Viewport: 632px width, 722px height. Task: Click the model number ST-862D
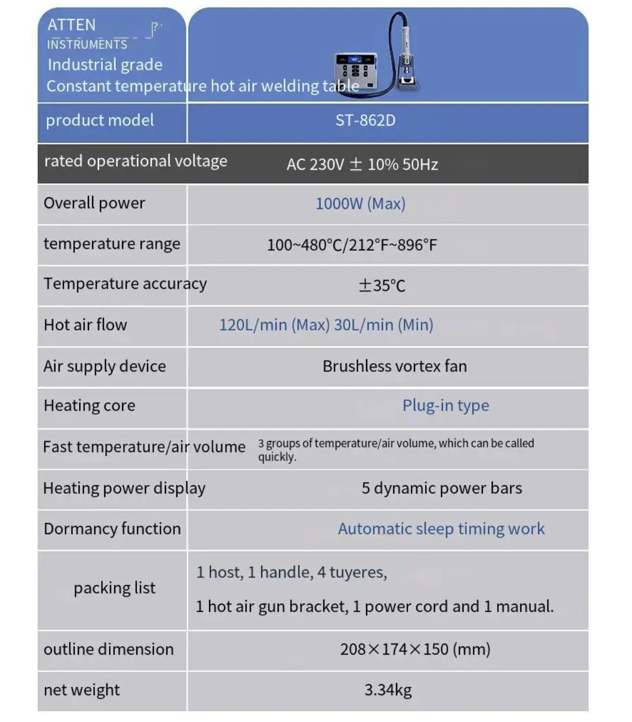point(365,121)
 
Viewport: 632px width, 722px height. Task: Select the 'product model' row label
point(100,121)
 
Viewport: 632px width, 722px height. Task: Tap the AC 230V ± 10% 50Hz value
point(362,165)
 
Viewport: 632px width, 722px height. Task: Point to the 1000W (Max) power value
point(360,204)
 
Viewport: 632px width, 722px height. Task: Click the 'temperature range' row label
point(112,244)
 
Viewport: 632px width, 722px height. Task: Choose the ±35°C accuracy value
point(382,285)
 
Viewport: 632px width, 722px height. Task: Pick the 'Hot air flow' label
point(85,325)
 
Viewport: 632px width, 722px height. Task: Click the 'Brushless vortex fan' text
point(394,366)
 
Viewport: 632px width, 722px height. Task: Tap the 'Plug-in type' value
point(446,406)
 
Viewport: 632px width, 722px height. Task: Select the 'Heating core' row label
point(90,406)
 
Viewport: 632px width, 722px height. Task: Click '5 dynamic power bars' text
point(441,488)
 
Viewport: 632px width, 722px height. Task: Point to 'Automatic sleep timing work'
point(441,529)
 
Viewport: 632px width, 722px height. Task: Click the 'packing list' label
point(114,588)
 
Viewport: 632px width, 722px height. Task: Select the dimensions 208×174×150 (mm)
point(415,649)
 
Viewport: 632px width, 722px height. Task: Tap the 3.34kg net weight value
point(388,690)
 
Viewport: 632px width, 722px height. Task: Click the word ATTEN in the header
point(72,25)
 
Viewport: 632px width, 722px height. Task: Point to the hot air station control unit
point(356,72)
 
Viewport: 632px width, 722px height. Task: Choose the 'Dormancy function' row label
point(112,529)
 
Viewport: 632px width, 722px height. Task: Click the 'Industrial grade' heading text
point(105,65)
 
